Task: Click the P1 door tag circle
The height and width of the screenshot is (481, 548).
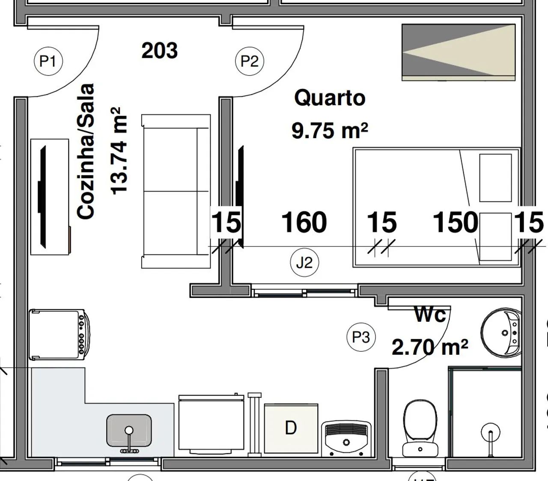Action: coord(48,61)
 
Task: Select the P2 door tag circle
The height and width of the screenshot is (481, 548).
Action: coord(250,61)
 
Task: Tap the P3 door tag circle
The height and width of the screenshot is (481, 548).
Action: coord(361,337)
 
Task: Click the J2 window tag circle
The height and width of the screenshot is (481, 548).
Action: coord(304,262)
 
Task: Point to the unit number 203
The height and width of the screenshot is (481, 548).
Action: coord(160,50)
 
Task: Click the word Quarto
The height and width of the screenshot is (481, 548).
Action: coord(330,98)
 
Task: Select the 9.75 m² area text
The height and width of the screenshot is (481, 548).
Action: coord(330,131)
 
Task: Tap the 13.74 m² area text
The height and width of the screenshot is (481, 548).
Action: coord(119,151)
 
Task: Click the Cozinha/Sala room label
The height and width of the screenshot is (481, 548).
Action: coord(86,151)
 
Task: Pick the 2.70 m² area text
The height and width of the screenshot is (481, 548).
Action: coord(430,347)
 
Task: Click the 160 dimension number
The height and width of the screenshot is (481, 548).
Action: coord(304,222)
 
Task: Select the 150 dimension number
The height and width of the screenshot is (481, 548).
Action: coord(456,222)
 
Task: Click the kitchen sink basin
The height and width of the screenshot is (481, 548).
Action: coord(129,431)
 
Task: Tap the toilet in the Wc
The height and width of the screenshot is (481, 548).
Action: coord(420,428)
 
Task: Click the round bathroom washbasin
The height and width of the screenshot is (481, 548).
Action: coord(501,333)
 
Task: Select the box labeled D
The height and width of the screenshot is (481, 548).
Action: coord(291,428)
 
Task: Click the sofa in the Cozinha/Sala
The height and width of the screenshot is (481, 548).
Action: coord(176,191)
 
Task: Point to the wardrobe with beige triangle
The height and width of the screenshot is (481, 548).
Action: coord(459,52)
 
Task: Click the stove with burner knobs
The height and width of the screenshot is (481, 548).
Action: coord(60,335)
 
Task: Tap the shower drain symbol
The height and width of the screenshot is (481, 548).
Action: coord(490,433)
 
